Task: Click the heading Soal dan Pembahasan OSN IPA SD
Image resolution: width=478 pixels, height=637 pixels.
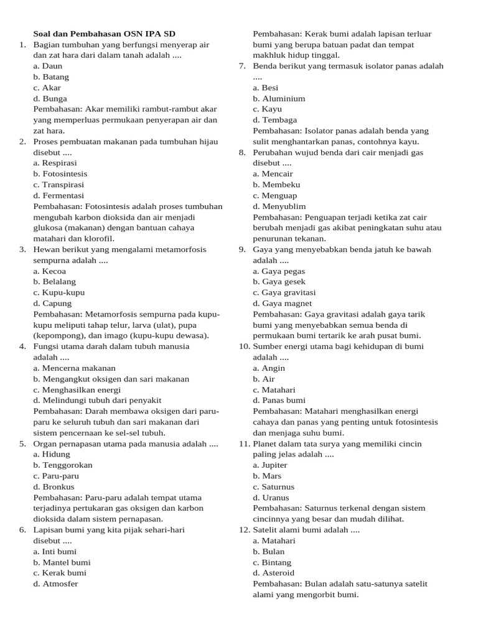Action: tap(108, 34)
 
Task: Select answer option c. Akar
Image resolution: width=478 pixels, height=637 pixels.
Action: tap(47, 88)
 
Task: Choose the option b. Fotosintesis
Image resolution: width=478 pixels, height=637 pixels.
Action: tap(60, 174)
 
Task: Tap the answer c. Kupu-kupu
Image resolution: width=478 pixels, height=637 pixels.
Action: tap(59, 292)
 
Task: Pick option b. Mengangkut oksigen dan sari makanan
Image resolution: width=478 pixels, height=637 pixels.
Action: tap(111, 379)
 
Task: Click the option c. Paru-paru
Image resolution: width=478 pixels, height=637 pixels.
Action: tap(56, 476)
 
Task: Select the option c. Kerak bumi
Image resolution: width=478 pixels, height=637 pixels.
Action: tap(60, 573)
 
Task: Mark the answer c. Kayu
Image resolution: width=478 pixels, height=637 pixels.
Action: tap(267, 109)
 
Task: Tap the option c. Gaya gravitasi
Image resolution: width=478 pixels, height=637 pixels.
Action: tap(284, 292)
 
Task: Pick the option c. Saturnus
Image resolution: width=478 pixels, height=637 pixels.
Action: tap(273, 486)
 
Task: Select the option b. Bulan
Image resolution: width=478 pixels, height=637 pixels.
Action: tap(268, 551)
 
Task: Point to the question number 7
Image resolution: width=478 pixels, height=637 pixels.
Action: tap(243, 66)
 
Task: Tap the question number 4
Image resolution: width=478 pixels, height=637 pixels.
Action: tap(22, 346)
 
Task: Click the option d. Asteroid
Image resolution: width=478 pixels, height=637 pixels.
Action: tap(273, 573)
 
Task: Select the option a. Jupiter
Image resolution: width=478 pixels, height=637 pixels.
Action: tap(270, 465)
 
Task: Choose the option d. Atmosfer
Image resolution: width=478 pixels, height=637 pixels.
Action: tap(56, 584)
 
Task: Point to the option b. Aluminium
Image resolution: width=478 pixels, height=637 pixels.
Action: tap(279, 98)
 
